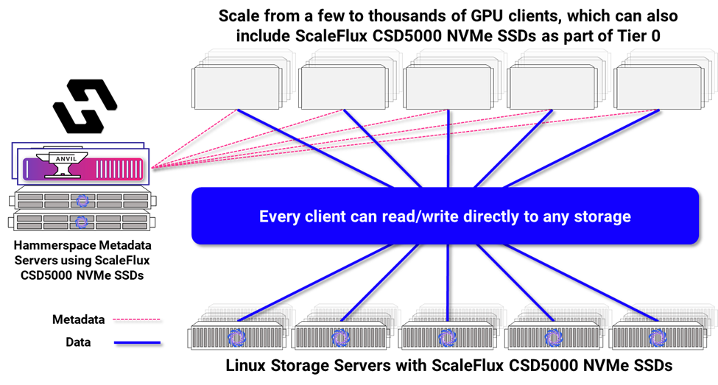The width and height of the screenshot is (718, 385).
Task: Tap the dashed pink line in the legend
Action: [136, 319]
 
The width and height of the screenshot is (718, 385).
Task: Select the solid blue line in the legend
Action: [136, 342]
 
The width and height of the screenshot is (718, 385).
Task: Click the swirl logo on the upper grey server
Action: [82, 199]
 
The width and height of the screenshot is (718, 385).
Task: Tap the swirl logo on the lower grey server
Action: [82, 220]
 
